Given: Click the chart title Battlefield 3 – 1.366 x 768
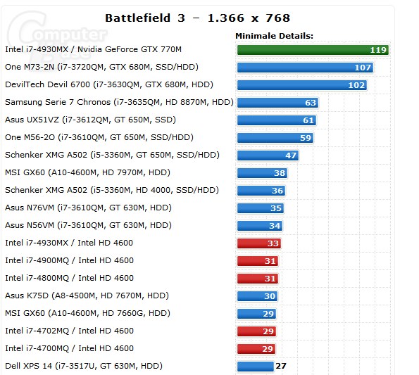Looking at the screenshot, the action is pos(197,18).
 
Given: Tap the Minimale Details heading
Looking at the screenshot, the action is pos(274,36).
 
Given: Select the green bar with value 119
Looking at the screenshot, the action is pos(313,50).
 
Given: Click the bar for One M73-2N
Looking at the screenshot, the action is pos(305,68).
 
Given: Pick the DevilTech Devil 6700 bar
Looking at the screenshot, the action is pos(302,85).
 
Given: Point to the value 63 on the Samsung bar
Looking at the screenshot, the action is pos(311,103).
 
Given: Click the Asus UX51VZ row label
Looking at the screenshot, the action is pos(90,120).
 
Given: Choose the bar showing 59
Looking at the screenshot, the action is pos(275,138).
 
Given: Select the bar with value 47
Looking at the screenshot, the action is pos(268,155).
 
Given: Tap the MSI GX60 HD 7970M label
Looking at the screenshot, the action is pos(87,172).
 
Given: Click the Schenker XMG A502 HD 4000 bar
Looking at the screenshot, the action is pos(261,191).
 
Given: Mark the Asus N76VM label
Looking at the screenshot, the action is pos(88,208).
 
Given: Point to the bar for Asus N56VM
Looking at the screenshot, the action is pos(260,226).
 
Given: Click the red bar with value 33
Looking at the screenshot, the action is pos(259,243).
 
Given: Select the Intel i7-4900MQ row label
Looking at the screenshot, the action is pos(69,260).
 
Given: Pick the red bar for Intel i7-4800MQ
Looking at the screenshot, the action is pos(258,279).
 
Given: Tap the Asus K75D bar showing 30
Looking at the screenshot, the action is pos(257,296).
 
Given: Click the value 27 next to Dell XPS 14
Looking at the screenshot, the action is pos(281,366).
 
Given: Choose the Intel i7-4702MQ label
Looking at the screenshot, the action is pos(69,331).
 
